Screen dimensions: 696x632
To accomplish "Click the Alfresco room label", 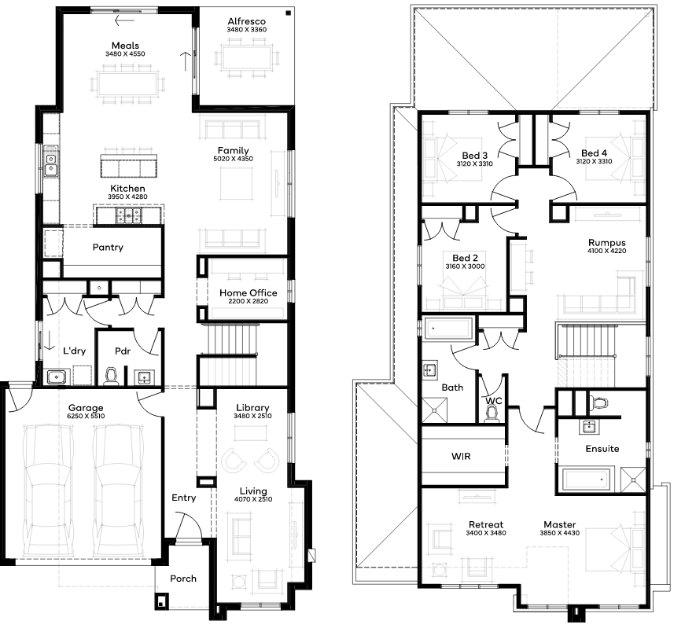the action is point(246,21).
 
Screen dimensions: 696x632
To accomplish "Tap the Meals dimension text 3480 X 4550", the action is point(125,53).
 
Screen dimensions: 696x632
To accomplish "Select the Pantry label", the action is point(108,247).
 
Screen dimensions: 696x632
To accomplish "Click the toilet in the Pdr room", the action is point(111,376).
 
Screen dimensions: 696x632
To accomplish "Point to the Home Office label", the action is point(249,293).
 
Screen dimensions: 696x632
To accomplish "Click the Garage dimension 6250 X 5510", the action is point(86,416).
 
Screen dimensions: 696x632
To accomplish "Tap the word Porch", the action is point(183,579).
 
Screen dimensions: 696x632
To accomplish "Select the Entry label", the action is point(184,498).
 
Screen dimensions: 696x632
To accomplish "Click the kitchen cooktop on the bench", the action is point(129,215).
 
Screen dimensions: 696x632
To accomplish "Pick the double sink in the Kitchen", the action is point(50,162).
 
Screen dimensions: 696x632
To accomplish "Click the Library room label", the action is point(252,407).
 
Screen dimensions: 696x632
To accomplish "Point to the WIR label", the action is point(461,456).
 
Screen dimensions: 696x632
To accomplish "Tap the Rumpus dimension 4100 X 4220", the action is point(607,251).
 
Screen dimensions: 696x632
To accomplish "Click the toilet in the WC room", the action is point(492,413).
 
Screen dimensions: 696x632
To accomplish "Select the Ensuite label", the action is point(602,449).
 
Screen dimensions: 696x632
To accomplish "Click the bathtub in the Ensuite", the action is point(586,480).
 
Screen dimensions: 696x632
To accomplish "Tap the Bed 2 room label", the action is point(466,258).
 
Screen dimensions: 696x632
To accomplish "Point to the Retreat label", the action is point(486,524).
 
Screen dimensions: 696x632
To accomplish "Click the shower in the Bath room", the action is point(434,410).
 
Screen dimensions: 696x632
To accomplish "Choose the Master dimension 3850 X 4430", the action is point(560,533).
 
